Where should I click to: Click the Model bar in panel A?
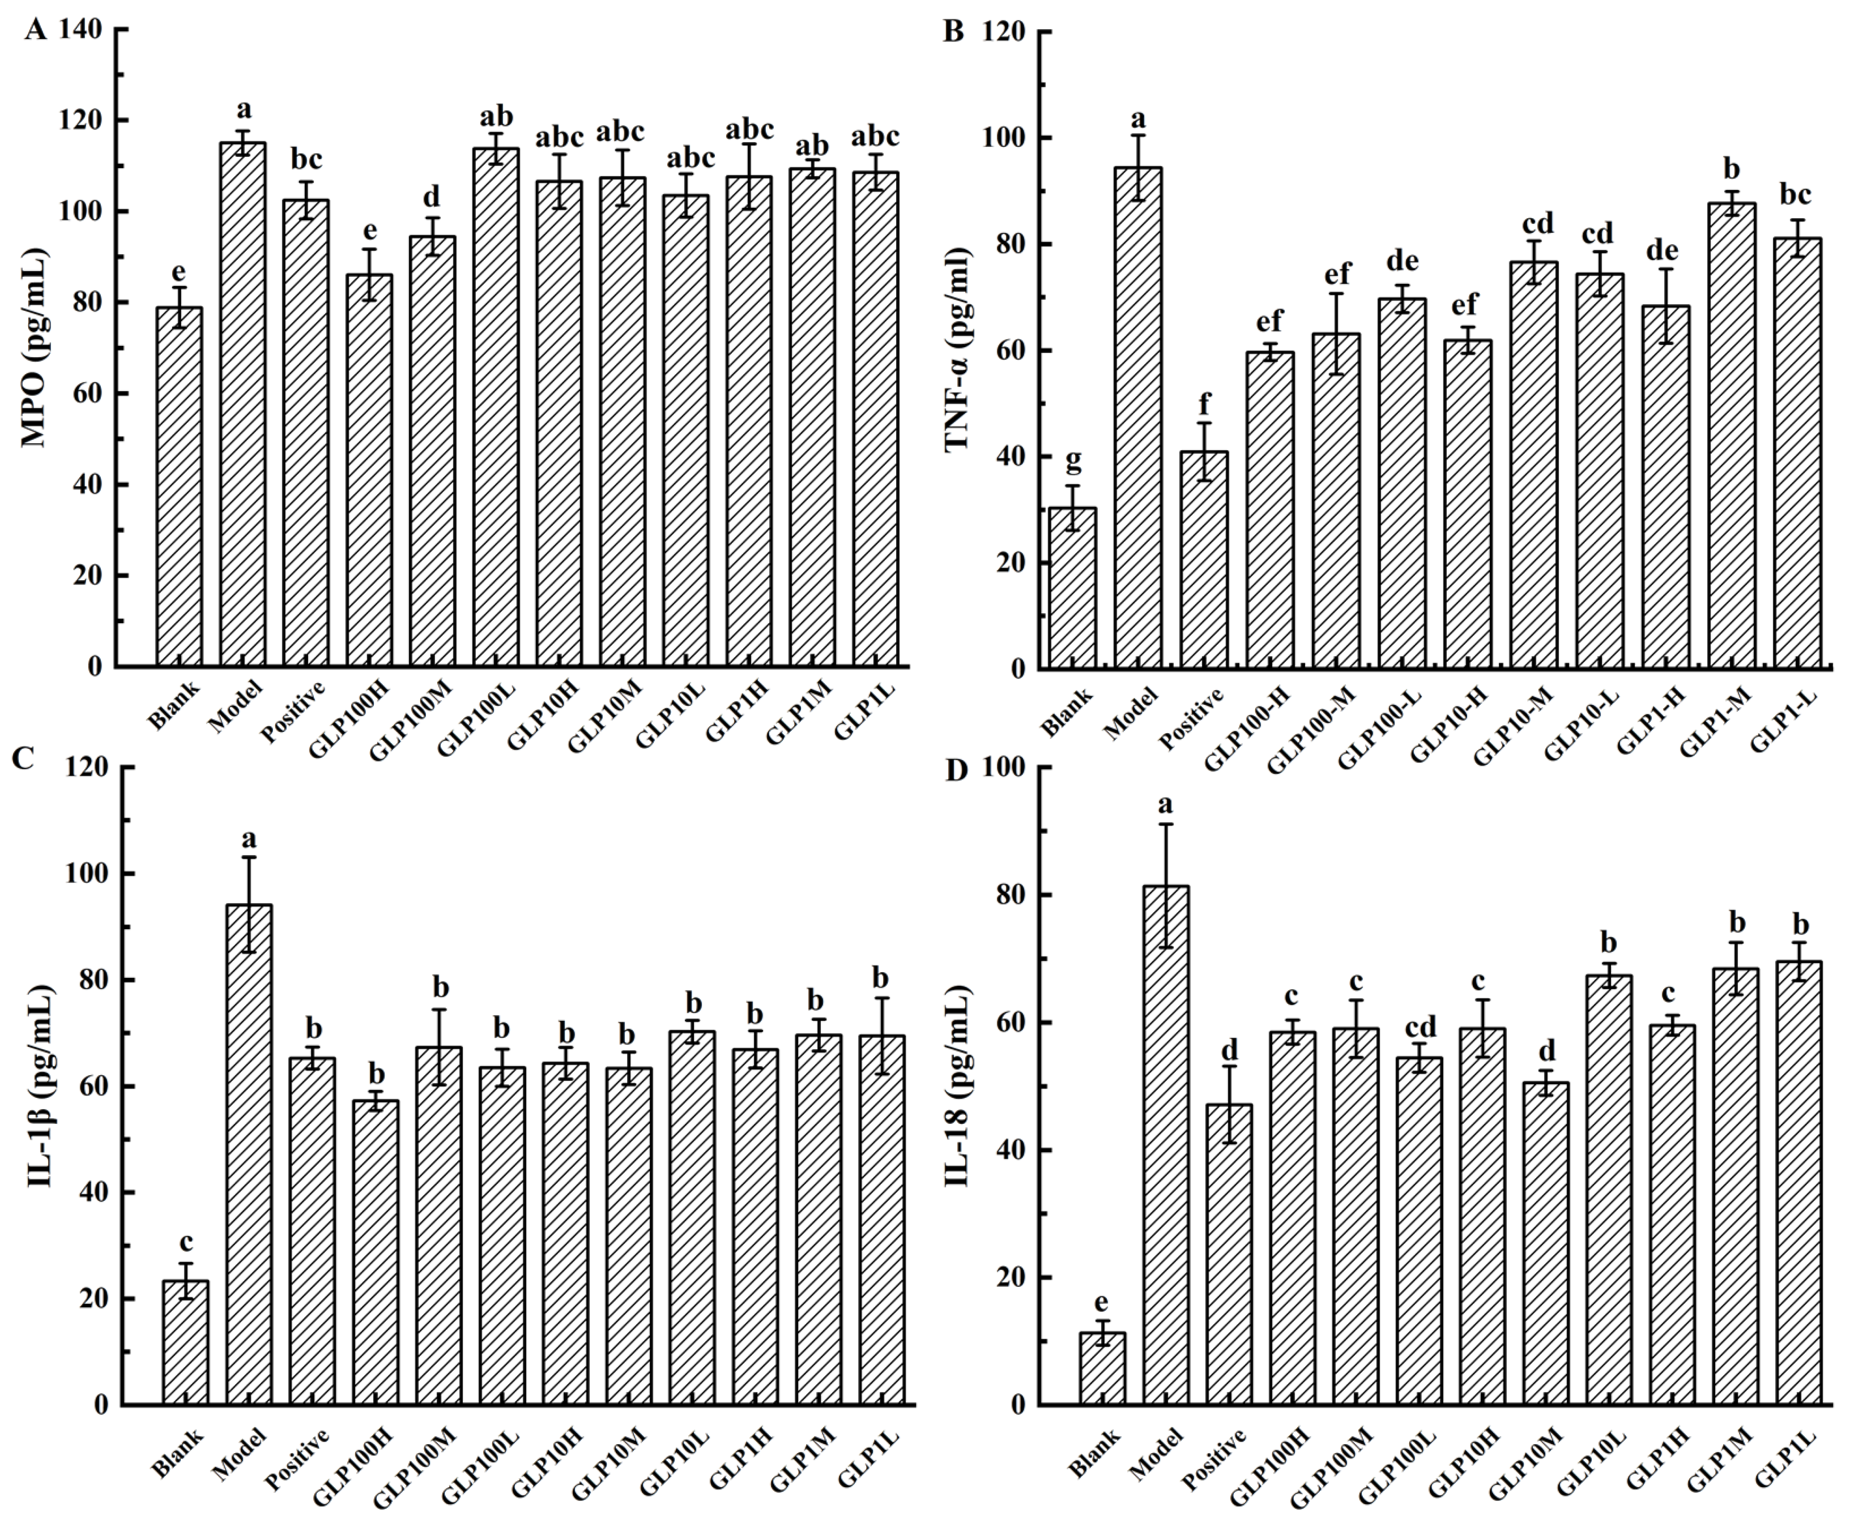click(242, 404)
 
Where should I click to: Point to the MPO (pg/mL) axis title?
click(35, 349)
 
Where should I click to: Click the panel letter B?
click(953, 32)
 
